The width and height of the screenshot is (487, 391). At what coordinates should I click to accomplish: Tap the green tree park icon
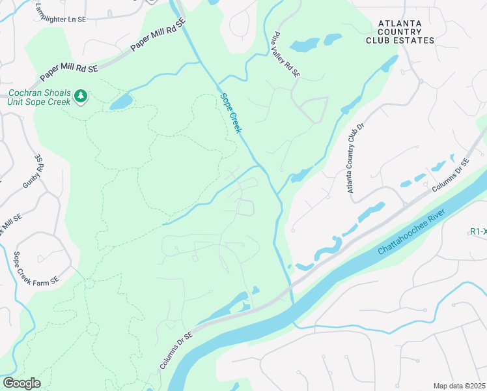(81, 97)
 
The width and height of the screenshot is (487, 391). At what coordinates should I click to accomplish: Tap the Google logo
(21, 383)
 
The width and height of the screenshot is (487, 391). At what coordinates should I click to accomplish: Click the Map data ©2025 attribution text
(458, 386)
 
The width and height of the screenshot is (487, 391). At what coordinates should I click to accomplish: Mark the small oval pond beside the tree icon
(120, 102)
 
